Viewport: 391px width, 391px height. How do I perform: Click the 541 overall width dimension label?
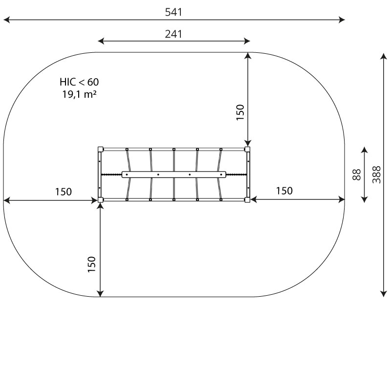pyautogui.click(x=174, y=12)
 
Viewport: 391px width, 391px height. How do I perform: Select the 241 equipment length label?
pyautogui.click(x=174, y=34)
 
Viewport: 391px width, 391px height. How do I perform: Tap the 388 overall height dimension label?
pyautogui.click(x=376, y=174)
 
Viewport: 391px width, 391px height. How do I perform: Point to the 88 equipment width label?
pyautogui.click(x=357, y=174)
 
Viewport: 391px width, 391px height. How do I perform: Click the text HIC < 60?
pyautogui.click(x=79, y=82)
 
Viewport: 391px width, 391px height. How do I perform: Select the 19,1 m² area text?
pyautogui.click(x=79, y=94)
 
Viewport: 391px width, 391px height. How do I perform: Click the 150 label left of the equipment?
pyautogui.click(x=64, y=192)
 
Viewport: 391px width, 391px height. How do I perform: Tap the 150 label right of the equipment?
pyautogui.click(x=284, y=191)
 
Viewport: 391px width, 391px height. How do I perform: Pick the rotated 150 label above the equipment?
pyautogui.click(x=240, y=112)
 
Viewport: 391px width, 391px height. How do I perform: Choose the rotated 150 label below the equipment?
pyautogui.click(x=92, y=264)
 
